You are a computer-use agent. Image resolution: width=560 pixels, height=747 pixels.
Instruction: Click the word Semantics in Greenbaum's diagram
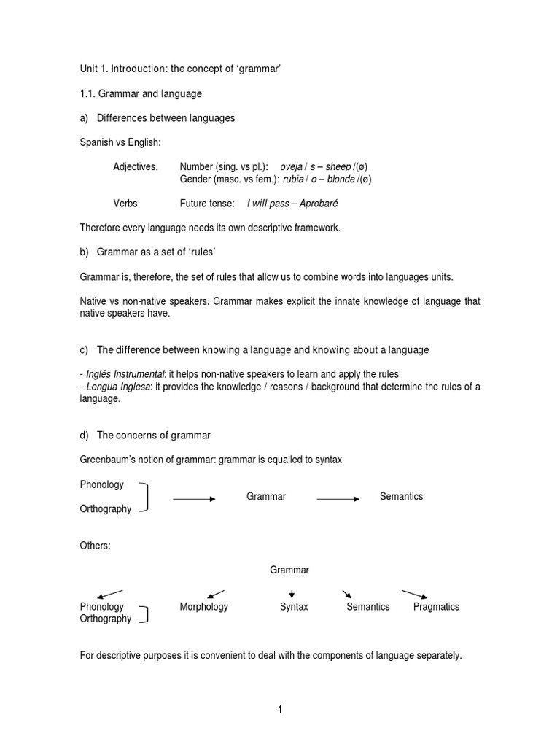(401, 496)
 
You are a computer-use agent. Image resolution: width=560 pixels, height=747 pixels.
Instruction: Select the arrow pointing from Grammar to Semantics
(338, 499)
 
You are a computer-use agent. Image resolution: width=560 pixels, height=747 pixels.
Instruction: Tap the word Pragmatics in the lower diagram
(436, 606)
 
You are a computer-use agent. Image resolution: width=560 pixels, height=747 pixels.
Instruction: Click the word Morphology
(204, 606)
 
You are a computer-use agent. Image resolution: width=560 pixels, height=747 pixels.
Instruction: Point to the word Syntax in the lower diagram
(294, 606)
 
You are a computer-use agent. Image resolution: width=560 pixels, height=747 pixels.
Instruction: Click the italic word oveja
(294, 166)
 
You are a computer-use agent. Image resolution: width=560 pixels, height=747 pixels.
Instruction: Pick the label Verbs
(125, 203)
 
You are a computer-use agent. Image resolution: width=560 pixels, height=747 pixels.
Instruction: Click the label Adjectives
(135, 166)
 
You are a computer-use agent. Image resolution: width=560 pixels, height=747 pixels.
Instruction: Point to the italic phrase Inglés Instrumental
(125, 374)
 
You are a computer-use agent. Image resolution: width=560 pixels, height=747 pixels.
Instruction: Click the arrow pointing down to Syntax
(292, 593)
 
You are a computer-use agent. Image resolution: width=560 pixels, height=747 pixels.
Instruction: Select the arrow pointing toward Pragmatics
(414, 593)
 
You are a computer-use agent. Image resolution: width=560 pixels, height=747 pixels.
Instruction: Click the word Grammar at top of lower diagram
(289, 570)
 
